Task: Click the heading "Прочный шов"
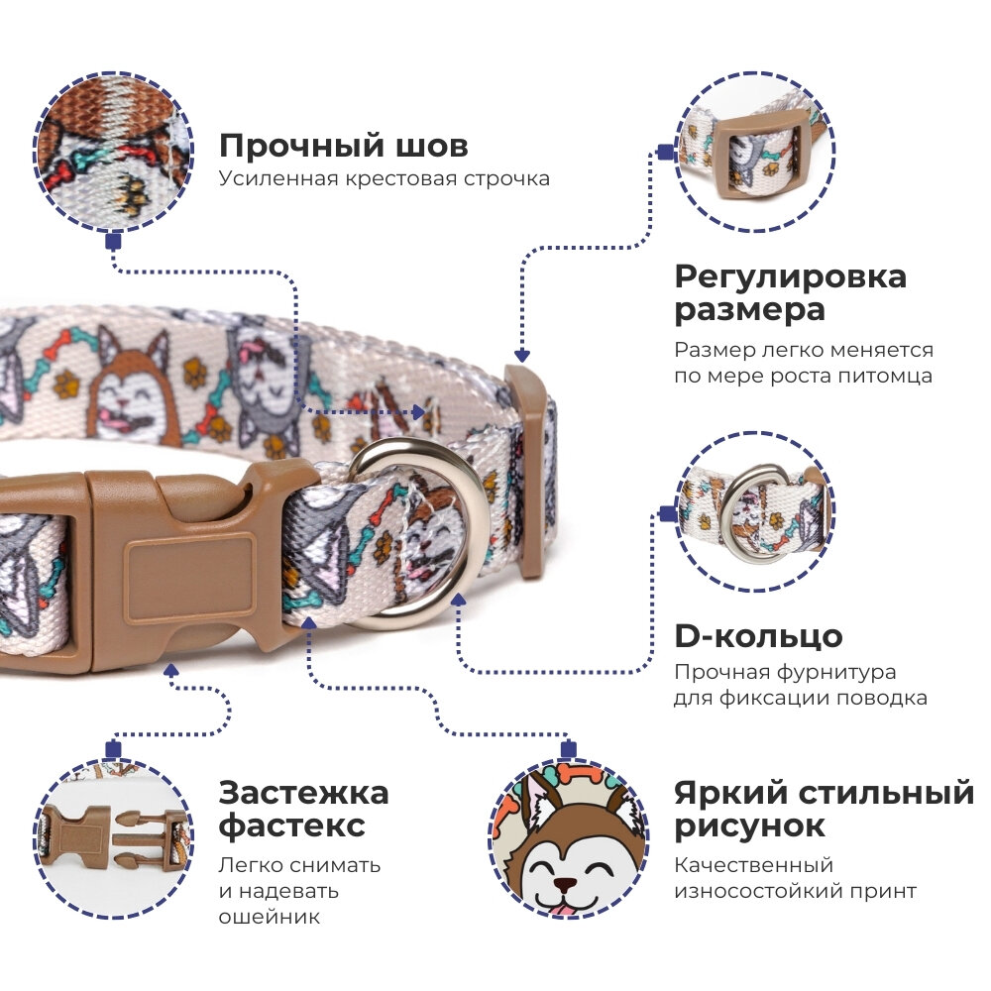(343, 147)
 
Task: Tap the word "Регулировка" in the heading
(790, 275)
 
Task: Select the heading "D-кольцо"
(758, 636)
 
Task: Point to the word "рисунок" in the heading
(749, 826)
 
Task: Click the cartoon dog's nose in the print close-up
(565, 883)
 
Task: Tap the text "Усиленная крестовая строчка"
(384, 179)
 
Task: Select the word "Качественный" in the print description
(753, 866)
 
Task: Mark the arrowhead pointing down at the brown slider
(521, 355)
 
